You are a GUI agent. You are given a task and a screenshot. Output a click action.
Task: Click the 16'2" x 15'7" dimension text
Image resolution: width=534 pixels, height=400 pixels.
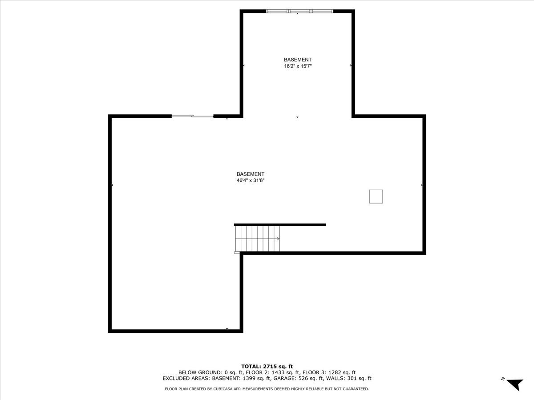[298, 66]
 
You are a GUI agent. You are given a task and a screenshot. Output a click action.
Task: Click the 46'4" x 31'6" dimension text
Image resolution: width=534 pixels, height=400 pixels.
[251, 180]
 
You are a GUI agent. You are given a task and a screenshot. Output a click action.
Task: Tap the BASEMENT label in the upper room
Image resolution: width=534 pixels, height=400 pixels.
[298, 60]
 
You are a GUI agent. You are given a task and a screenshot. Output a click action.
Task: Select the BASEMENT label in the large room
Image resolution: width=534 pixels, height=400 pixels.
[251, 174]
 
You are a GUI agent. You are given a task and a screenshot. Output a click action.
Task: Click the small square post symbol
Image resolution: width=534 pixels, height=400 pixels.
[376, 196]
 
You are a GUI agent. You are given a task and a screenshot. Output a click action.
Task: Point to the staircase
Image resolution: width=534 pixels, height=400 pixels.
[257, 239]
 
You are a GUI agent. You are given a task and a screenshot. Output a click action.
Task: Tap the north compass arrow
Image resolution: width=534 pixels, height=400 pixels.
[516, 384]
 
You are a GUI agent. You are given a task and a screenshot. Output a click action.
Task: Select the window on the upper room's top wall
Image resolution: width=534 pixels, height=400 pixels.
[300, 11]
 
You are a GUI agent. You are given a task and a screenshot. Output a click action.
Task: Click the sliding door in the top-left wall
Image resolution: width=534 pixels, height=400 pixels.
[192, 116]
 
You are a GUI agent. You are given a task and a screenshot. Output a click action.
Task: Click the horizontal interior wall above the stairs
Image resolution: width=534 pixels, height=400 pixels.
[280, 225]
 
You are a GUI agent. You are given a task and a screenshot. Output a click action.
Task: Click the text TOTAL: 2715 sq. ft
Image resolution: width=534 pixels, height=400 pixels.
[267, 366]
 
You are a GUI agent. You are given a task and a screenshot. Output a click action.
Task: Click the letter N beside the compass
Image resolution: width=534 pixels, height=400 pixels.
[503, 379]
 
